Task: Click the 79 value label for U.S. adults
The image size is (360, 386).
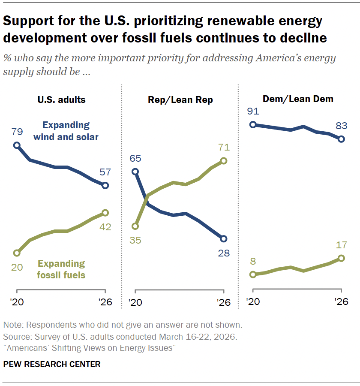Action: tap(17, 131)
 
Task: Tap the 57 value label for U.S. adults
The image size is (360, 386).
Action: tap(105, 172)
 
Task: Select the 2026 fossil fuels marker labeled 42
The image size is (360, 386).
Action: tap(105, 213)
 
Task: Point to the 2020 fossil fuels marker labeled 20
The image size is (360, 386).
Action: tap(17, 253)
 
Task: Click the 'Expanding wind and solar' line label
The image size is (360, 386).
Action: tap(66, 131)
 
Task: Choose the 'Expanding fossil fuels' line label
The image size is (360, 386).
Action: tap(62, 269)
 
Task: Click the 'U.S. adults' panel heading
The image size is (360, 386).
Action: tap(61, 100)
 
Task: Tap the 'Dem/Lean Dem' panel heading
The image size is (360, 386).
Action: tap(299, 99)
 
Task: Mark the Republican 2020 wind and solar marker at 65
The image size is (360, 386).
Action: tap(135, 172)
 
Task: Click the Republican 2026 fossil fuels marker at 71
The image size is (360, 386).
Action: tap(223, 161)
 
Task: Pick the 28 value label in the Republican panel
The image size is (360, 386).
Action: tap(223, 253)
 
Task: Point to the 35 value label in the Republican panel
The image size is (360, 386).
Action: tap(135, 240)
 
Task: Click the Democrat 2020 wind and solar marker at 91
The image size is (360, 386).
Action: tap(253, 125)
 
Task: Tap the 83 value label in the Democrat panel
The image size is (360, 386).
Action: tap(342, 126)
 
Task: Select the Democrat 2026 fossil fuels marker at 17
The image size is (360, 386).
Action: tap(342, 258)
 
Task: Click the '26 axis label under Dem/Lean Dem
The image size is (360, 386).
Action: tap(341, 302)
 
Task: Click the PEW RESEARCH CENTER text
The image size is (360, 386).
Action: tap(52, 365)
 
